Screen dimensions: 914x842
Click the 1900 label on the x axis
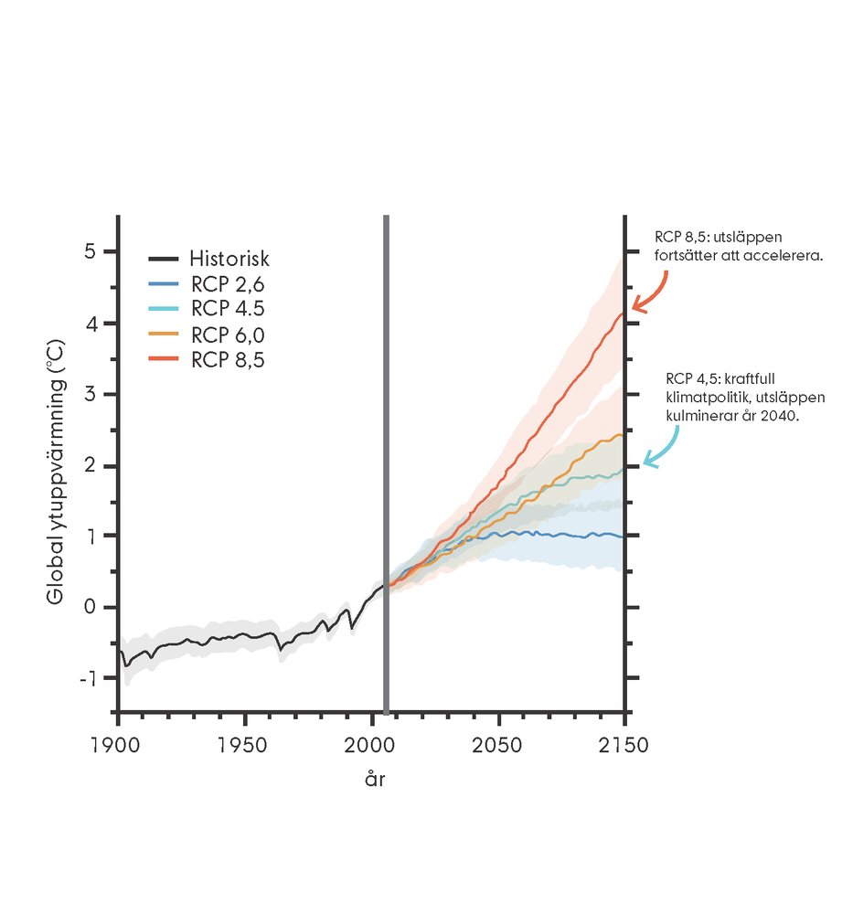119,745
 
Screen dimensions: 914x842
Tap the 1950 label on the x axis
245,745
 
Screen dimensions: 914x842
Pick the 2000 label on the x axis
371,745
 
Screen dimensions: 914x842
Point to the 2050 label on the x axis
498,745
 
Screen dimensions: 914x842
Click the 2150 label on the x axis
624,745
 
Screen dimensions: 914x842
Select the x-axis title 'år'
376,780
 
